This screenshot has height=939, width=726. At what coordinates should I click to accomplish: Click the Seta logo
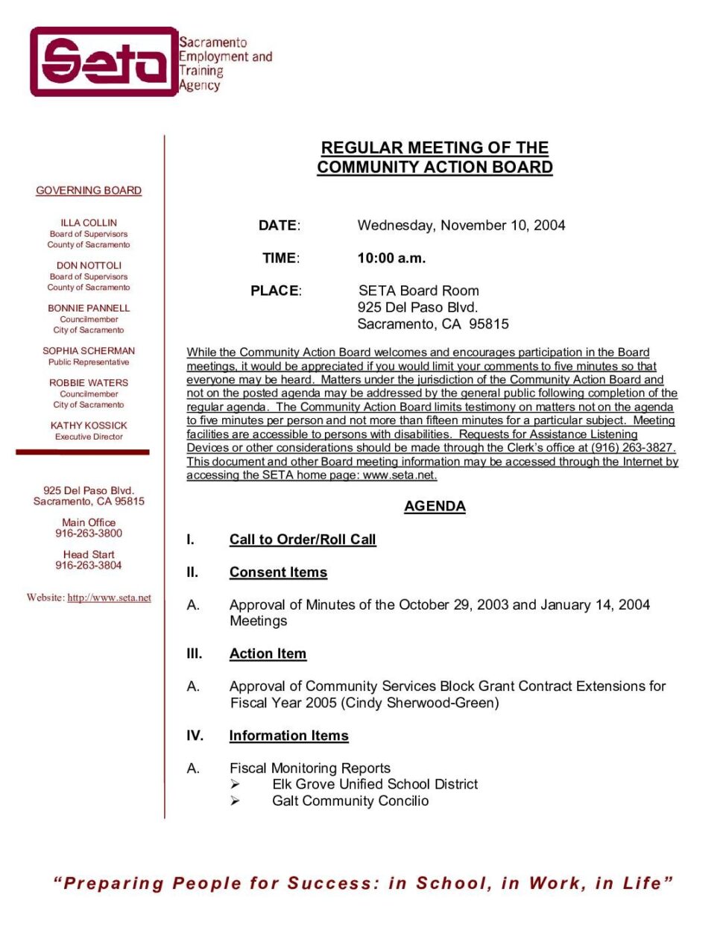(104, 62)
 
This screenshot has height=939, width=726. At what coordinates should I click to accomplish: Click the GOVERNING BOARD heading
(89, 191)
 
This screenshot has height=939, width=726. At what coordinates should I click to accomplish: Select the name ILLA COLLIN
(89, 223)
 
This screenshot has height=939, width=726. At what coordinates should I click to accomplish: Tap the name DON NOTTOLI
(89, 265)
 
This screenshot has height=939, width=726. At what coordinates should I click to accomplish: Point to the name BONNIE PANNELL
(89, 308)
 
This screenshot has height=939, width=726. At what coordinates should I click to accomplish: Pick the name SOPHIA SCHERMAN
(89, 351)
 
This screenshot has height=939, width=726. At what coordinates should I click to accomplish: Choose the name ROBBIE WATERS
(89, 383)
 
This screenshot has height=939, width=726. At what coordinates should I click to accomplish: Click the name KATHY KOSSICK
(89, 426)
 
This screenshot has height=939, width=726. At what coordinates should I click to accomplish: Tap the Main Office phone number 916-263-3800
(89, 534)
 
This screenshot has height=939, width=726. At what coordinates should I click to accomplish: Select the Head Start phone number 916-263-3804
(89, 566)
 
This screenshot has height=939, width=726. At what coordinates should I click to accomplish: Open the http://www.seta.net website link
(109, 598)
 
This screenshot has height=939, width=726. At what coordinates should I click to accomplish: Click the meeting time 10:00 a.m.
(391, 259)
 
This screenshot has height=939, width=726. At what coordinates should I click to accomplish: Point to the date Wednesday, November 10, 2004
(461, 226)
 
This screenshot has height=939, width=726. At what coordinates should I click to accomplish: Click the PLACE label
(275, 291)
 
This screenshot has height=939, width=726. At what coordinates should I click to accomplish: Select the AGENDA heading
(435, 507)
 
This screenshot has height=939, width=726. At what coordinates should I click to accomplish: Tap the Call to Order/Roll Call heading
(303, 540)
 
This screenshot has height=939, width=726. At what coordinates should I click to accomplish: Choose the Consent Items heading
(278, 572)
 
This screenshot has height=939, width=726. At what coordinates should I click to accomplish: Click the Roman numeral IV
(195, 736)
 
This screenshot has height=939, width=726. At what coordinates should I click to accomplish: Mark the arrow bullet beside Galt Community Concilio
(235, 801)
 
